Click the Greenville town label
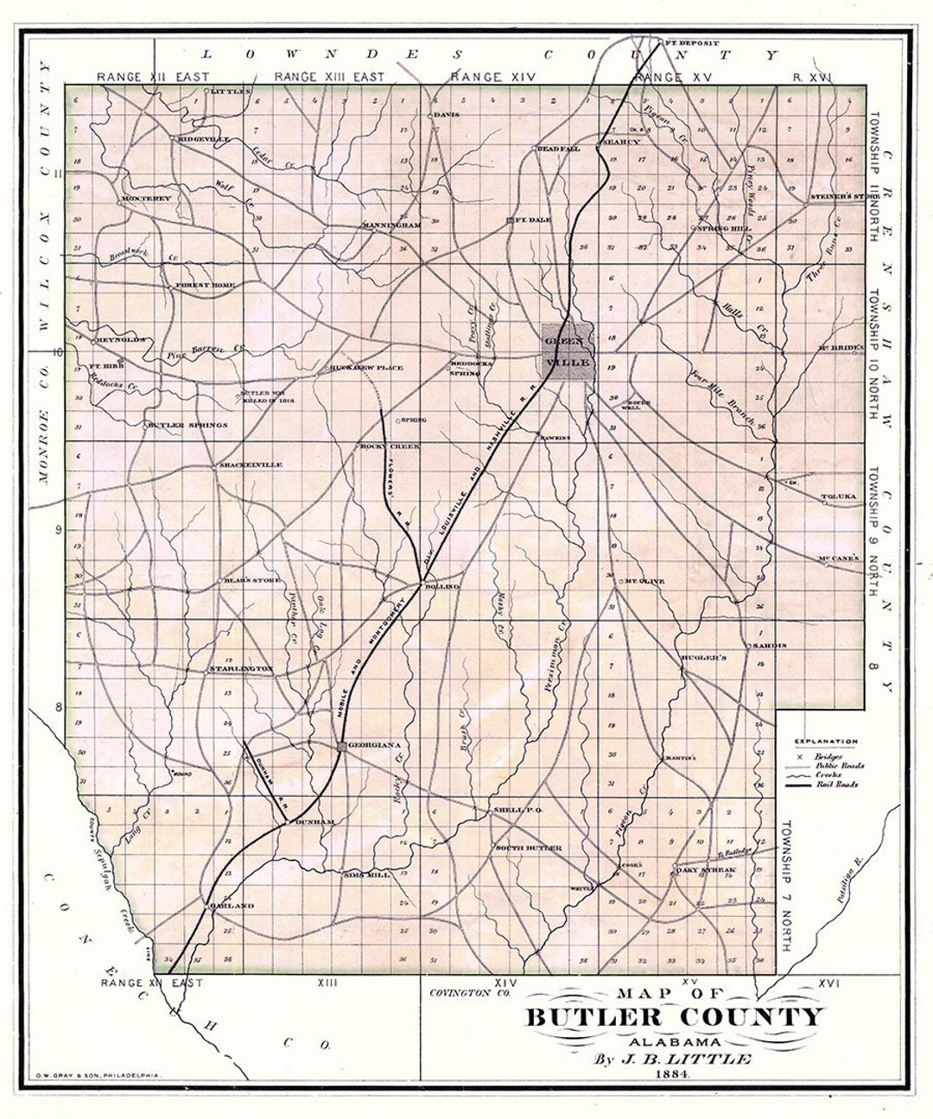(x=567, y=351)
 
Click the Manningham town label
(x=391, y=225)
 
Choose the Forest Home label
(x=206, y=285)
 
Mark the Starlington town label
(x=242, y=668)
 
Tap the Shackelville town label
(x=251, y=465)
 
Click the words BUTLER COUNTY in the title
(x=675, y=1018)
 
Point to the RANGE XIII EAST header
(x=329, y=77)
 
